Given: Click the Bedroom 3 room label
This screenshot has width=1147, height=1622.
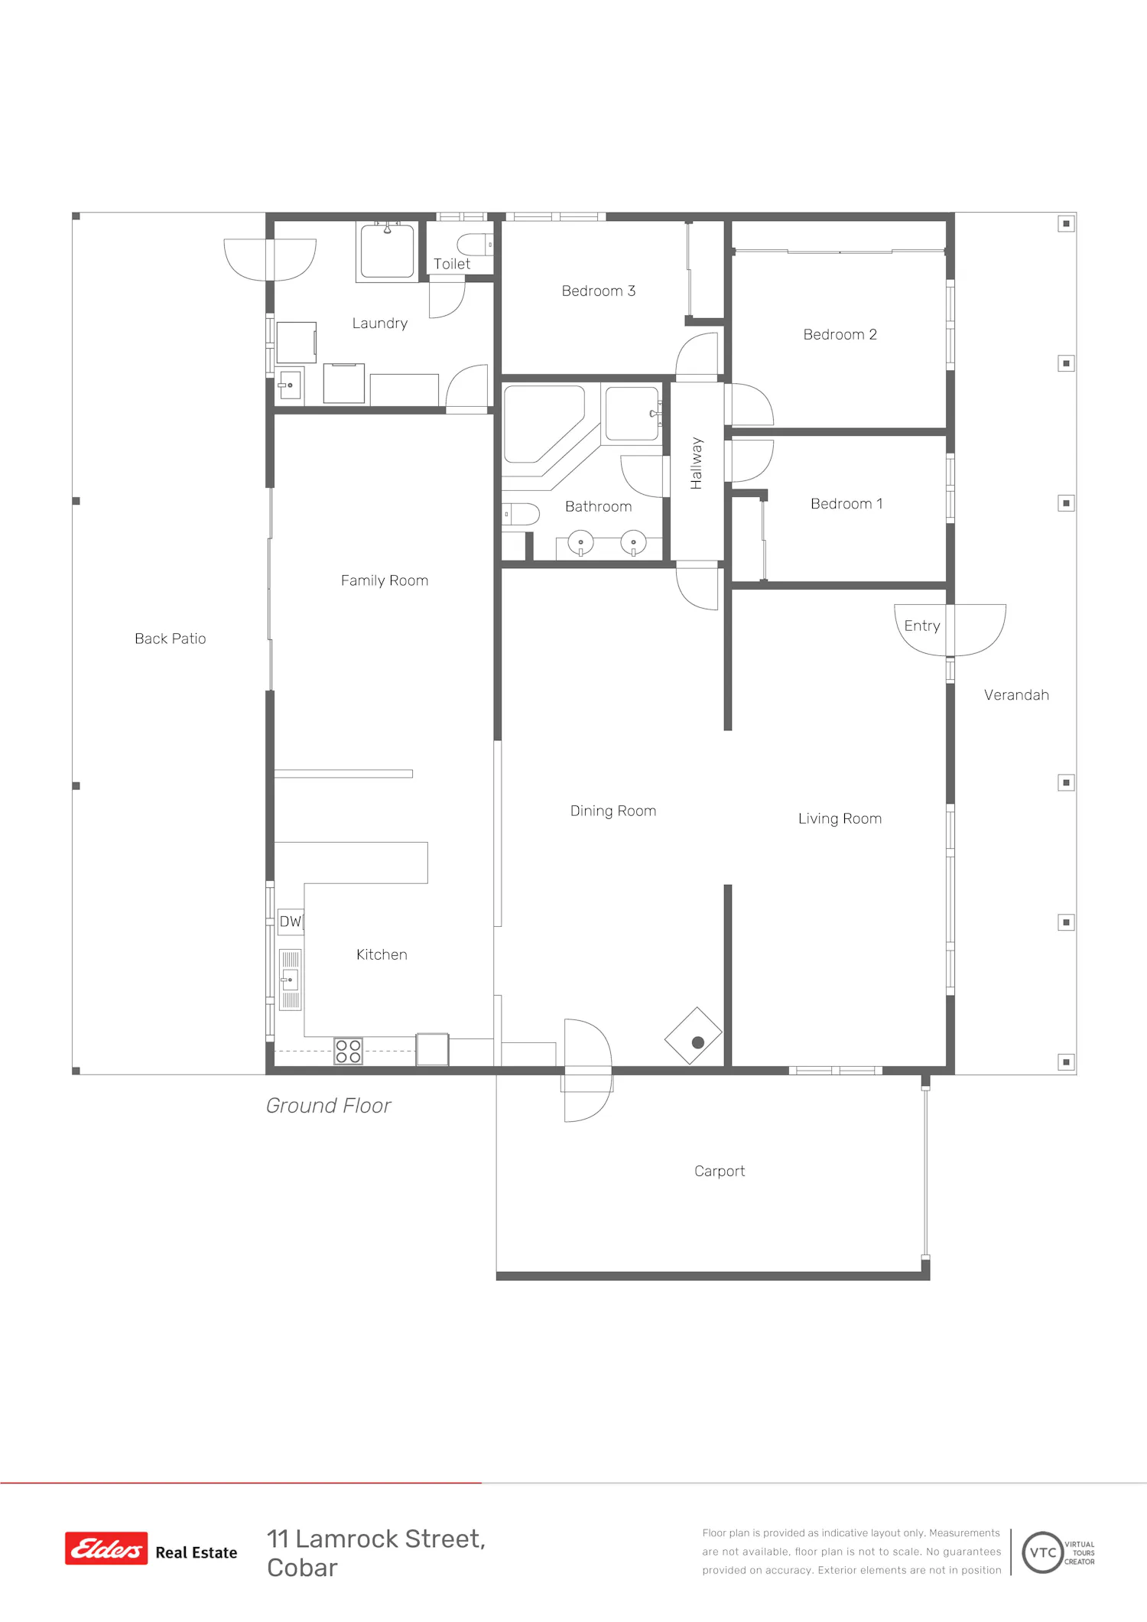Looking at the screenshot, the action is point(599,291).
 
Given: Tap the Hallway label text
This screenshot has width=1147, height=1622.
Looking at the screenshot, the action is point(696,463).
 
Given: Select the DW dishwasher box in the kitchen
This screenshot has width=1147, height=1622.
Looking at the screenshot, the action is point(291,922).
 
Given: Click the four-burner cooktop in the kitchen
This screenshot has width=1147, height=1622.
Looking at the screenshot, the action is point(348,1052).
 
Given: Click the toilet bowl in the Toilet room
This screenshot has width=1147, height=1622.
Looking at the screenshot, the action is point(475,245).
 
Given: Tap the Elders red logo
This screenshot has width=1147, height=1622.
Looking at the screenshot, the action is point(106,1549).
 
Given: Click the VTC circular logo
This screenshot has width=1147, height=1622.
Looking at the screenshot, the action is point(1043,1552).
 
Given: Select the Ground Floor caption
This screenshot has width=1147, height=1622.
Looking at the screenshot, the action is point(328,1106).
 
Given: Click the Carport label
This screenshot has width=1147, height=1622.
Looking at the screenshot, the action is point(720,1171).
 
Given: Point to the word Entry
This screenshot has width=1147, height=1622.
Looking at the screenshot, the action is point(922,626).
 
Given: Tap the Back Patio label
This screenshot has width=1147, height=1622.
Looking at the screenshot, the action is point(171,639).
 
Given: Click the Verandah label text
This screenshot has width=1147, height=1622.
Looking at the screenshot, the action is point(1016,695).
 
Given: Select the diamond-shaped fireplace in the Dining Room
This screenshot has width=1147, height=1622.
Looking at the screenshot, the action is point(694,1036).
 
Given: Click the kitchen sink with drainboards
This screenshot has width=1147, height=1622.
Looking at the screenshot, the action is point(291,980).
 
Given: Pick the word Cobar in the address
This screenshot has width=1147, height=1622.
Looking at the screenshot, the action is point(302,1568).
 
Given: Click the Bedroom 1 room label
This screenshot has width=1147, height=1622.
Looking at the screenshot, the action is point(846,504).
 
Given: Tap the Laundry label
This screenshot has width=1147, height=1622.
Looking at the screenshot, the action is point(380,323).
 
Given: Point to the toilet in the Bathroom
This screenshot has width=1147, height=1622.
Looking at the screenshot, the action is point(521,514).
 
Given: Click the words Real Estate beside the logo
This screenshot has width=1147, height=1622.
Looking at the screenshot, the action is point(197,1552).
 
